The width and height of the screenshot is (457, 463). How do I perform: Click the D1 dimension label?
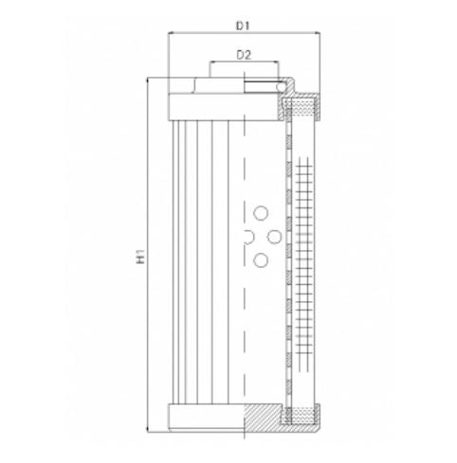click(x=244, y=18)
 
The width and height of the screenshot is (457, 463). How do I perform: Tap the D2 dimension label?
click(x=244, y=54)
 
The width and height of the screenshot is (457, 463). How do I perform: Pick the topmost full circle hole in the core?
click(x=261, y=213)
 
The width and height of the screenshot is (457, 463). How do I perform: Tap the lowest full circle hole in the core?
click(x=261, y=258)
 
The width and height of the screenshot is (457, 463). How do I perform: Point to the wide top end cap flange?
click(x=225, y=104)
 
